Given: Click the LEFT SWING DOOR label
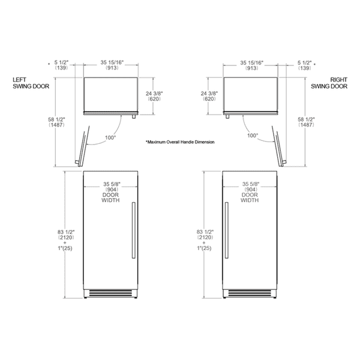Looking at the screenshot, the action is coord(31,83).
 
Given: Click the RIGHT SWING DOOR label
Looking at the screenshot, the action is coord(329,83).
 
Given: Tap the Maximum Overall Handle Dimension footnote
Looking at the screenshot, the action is coord(180,142).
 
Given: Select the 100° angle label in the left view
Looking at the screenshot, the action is coord(110,137).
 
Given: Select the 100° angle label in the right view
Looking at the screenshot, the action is coord(253,136).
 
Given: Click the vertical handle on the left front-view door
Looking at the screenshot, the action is coord(133,230).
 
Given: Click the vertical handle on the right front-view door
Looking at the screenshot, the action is coord(227,230).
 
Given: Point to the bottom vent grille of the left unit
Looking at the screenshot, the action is coord(110,293).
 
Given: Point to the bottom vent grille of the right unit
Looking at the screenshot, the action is coord(250,293).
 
